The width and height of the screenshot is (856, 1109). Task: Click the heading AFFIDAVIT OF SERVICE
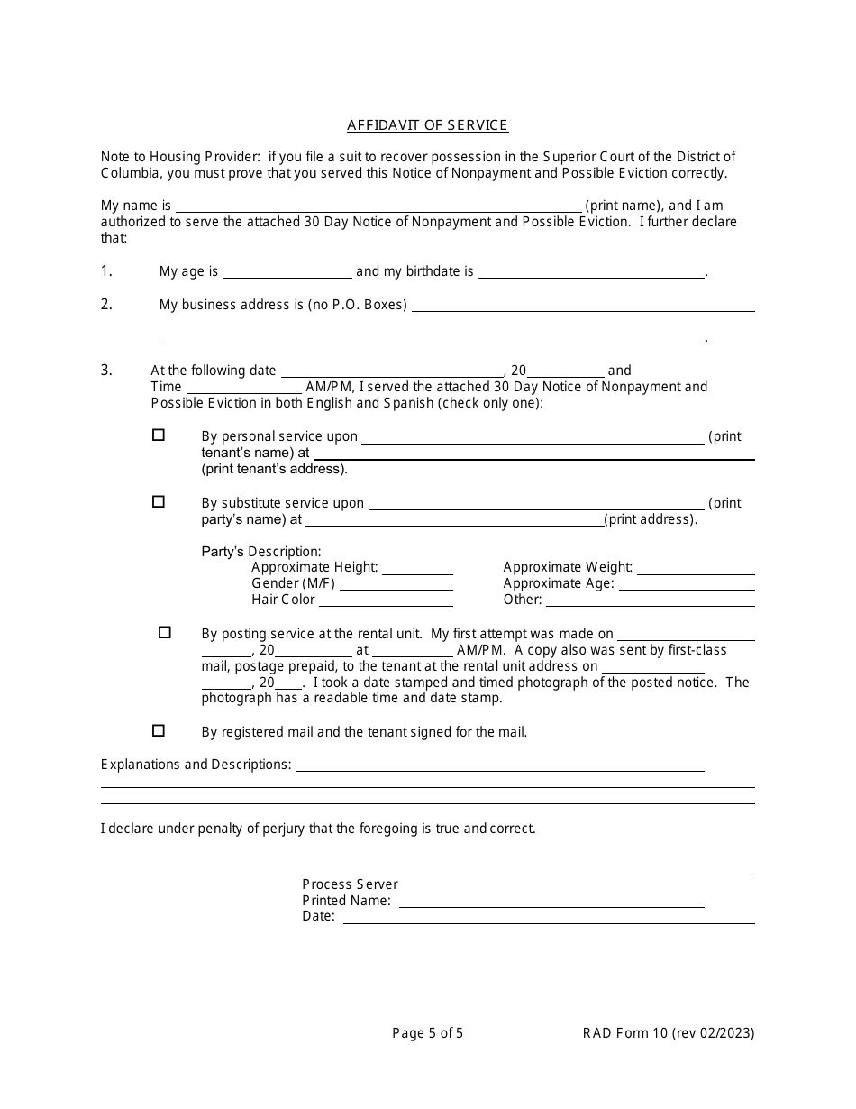(x=428, y=125)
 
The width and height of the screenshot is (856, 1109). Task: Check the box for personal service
(x=159, y=435)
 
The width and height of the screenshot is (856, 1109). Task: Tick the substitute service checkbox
(x=159, y=501)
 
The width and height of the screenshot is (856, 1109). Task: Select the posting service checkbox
(x=165, y=632)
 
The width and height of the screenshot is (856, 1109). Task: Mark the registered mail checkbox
(x=159, y=730)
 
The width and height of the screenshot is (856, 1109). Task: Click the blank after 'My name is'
(x=378, y=206)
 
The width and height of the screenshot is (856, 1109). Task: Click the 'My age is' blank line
(x=287, y=271)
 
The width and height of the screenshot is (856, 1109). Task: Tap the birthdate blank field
(x=590, y=271)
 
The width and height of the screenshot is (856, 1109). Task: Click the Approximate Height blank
(x=417, y=568)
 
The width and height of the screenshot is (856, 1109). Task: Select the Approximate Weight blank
(x=696, y=568)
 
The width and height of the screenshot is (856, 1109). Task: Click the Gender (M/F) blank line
(x=396, y=584)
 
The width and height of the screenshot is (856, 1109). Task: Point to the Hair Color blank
(x=387, y=600)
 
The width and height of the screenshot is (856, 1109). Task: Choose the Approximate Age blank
(x=686, y=584)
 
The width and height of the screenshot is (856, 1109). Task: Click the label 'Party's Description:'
(x=261, y=551)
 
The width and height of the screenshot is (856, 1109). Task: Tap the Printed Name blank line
(x=551, y=901)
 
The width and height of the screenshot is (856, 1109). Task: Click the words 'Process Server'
(x=350, y=884)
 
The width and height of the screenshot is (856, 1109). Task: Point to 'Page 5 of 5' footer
(x=428, y=1033)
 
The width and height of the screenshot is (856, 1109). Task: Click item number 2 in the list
(x=106, y=304)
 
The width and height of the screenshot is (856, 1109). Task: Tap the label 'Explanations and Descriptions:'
(x=196, y=765)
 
